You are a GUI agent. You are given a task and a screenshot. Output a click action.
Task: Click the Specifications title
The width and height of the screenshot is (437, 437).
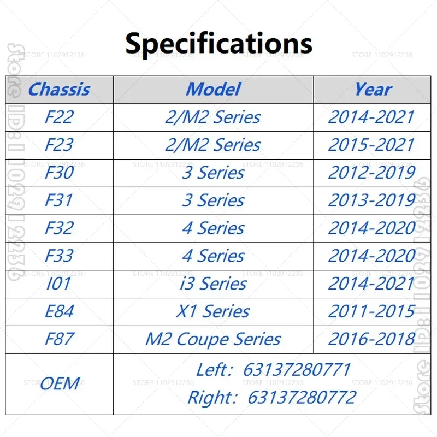coord(219,44)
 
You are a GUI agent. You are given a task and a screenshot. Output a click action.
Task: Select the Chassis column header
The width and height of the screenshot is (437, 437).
coord(60,90)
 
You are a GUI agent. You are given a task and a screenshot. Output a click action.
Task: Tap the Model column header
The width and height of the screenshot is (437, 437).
coord(213,90)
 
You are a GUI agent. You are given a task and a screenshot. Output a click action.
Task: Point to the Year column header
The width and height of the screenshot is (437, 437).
coord(373,90)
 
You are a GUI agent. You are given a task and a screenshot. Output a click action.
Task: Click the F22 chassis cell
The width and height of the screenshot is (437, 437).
coord(60,117)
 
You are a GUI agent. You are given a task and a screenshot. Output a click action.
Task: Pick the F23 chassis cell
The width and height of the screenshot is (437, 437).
coord(60,145)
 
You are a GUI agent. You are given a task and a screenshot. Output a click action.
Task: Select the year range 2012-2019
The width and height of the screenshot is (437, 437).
coord(372,173)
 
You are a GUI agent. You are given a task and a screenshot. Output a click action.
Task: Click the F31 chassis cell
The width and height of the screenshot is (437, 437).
coord(59,200)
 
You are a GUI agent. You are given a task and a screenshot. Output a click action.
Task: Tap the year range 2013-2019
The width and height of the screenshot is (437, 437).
coord(372,200)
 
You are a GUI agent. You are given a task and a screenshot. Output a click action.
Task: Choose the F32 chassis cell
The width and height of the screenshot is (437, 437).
coord(60,228)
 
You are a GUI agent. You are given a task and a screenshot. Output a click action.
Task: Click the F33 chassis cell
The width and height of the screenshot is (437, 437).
coord(60,256)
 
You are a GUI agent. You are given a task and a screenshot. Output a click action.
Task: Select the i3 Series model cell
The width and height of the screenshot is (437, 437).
coord(214,284)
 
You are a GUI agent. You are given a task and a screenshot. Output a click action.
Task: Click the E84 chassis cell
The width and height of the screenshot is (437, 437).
coord(60,311)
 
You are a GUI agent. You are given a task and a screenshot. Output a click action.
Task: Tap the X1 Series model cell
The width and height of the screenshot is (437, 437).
coord(213,311)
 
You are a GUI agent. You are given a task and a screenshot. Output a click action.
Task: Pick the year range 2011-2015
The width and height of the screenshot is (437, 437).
coord(372,311)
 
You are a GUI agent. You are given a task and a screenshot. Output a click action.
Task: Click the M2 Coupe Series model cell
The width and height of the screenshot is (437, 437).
coord(213,339)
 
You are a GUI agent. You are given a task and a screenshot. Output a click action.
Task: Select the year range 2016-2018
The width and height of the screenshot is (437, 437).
coord(372,339)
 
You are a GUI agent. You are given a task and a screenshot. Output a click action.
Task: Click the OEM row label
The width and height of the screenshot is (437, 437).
coord(60,383)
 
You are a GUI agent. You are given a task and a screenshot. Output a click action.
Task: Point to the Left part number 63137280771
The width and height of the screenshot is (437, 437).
coord(297,370)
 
